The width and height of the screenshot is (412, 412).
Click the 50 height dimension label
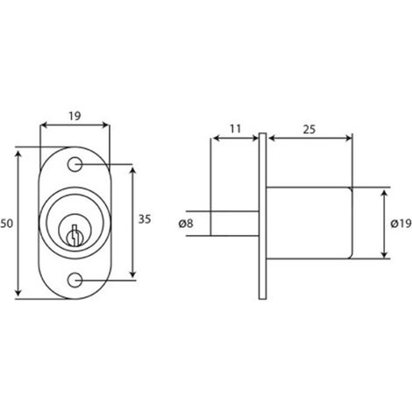6,224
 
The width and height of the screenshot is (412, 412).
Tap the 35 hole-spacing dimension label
145,219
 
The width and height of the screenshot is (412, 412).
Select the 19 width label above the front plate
75,116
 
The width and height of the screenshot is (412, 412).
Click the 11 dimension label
235,129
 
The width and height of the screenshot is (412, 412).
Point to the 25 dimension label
309,130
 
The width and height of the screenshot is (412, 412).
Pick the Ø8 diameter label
186,224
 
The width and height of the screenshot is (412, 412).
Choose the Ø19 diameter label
401,224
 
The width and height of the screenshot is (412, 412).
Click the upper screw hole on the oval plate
75,164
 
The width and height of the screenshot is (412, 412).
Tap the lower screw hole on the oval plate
75,281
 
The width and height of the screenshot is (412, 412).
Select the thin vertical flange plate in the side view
262,217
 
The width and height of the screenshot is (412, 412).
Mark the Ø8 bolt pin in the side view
235,224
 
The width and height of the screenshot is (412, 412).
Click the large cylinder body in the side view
309,223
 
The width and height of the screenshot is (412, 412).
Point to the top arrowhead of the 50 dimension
18,153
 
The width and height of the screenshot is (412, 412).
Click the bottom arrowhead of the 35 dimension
133,273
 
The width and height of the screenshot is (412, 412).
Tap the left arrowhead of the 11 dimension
216,138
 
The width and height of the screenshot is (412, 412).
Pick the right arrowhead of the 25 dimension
348,138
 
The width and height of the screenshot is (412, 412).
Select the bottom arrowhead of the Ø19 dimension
385,255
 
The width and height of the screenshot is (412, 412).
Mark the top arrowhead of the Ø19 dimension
385,193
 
